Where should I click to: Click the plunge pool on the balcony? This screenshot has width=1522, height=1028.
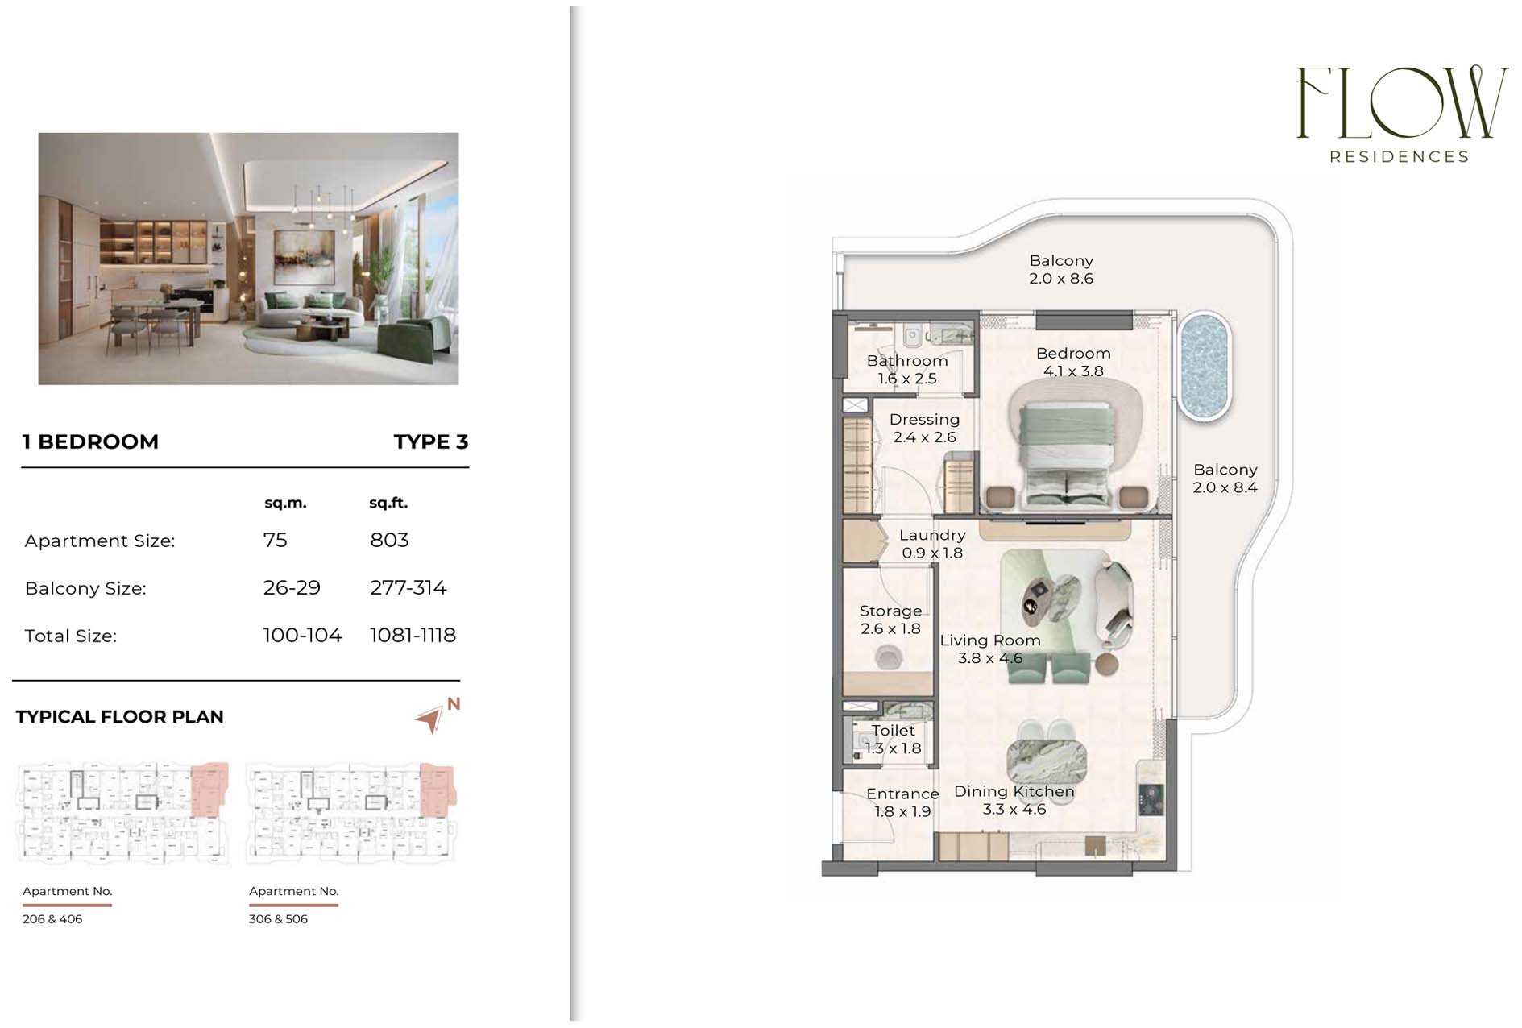(x=1205, y=366)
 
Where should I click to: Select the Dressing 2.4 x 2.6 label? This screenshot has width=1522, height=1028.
(x=924, y=428)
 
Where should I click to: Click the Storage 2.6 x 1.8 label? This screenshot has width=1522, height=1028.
(x=890, y=620)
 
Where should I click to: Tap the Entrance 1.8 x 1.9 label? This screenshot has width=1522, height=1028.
(x=902, y=802)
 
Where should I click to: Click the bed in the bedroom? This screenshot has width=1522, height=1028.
(x=1068, y=455)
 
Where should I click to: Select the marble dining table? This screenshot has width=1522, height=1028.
(x=1047, y=759)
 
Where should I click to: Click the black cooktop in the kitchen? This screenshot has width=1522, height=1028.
(x=1151, y=800)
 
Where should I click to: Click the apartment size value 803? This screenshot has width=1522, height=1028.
(x=389, y=540)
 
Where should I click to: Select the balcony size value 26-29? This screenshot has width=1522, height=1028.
(x=292, y=587)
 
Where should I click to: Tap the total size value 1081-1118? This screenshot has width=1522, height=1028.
(x=413, y=635)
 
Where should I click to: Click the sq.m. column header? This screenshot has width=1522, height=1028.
(x=285, y=503)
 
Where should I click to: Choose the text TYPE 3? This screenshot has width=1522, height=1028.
(x=431, y=441)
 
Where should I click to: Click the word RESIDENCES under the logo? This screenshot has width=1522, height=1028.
(x=1400, y=156)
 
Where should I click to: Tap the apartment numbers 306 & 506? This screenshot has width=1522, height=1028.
(x=278, y=918)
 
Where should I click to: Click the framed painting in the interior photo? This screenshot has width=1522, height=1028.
(x=304, y=256)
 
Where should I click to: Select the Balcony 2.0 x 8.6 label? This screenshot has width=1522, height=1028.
(x=1061, y=269)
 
